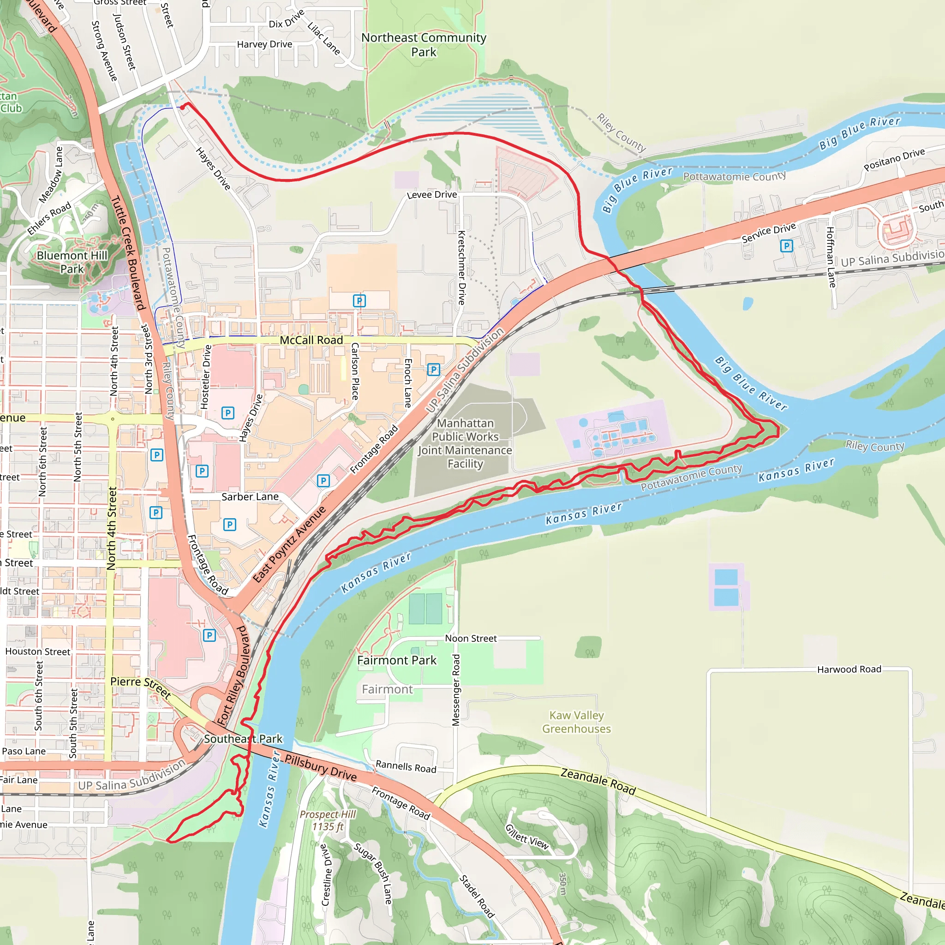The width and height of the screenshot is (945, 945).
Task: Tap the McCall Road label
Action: coord(311,340)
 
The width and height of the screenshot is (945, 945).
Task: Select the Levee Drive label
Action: coord(432,195)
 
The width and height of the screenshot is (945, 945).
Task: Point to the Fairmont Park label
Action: coord(397,660)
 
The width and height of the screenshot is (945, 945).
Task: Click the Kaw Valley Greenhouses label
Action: coord(576,722)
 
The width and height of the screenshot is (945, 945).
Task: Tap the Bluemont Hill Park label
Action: coord(72,262)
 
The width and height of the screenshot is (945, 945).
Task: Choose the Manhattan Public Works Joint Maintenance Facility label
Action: coord(465,443)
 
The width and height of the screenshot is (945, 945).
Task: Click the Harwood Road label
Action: coord(849,669)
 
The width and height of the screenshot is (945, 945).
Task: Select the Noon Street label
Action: coord(471,638)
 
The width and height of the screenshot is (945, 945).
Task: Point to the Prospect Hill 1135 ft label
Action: coord(328,820)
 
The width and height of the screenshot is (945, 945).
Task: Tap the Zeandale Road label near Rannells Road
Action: coord(598,781)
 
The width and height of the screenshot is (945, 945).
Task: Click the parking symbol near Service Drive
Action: coord(786,245)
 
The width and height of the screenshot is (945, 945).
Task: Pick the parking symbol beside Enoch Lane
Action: coord(433,369)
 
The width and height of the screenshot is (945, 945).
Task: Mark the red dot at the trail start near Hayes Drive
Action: coord(182,107)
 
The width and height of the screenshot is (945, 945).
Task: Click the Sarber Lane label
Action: coord(250,496)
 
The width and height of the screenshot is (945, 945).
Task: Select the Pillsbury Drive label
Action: coord(321,767)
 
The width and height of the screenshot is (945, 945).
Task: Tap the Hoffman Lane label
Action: coord(831,257)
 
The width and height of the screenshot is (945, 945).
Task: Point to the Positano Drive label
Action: coord(894,160)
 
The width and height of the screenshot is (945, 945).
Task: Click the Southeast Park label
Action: coord(243,739)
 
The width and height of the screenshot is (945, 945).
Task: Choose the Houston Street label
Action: coord(38,652)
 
